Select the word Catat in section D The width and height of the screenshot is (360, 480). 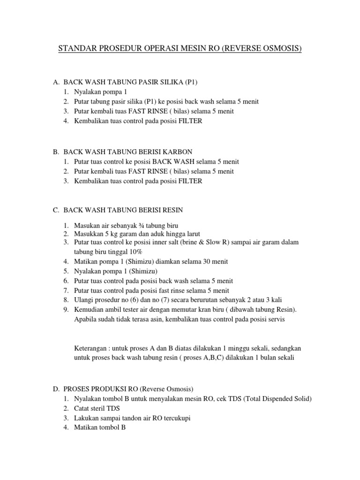tap(82, 408)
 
